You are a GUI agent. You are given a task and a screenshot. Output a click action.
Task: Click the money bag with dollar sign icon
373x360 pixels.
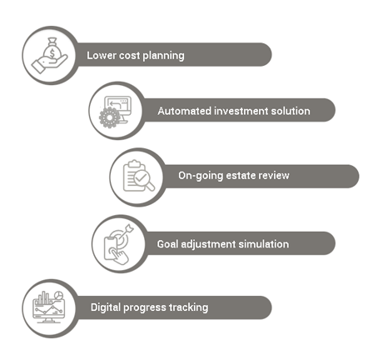click(x=52, y=48)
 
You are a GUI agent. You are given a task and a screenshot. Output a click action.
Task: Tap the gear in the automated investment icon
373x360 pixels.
click(x=109, y=117)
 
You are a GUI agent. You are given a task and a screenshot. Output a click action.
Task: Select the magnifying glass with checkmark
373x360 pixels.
click(x=143, y=180)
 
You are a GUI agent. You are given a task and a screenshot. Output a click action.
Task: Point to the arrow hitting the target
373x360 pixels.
click(x=126, y=232)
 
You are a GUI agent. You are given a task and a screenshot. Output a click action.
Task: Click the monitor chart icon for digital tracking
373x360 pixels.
click(x=49, y=307)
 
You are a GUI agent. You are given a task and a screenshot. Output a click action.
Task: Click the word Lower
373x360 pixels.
click(x=99, y=55)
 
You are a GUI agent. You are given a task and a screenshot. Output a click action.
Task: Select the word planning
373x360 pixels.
click(x=163, y=56)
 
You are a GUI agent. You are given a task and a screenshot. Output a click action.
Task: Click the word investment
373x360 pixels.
click(x=241, y=111)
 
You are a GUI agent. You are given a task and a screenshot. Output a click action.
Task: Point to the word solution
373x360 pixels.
click(x=291, y=111)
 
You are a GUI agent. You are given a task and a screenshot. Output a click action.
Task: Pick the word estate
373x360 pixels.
click(x=241, y=176)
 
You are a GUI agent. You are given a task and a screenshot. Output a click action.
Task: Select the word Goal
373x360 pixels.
click(x=167, y=244)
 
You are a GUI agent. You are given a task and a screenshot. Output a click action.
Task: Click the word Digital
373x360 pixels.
click(x=106, y=307)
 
